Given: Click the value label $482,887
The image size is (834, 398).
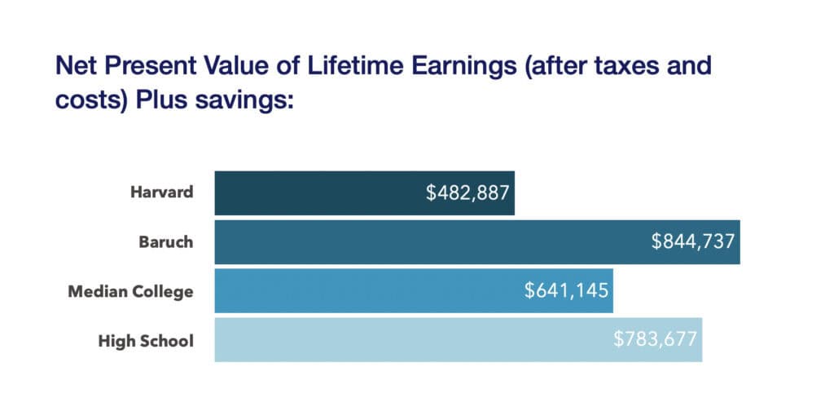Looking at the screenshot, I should tap(467, 193).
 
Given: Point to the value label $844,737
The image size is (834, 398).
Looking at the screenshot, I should tap(693, 242).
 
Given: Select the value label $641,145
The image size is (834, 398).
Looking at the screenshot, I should tap(567, 290).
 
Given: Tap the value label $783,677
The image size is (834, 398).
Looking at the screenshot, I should tap(656, 339).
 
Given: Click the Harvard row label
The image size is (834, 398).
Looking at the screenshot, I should tap(162, 193).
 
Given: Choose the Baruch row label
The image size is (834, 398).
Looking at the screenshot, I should tap(167, 242).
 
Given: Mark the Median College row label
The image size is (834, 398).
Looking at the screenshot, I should tap(132, 291).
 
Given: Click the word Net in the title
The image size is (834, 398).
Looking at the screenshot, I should tap(73, 66).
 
